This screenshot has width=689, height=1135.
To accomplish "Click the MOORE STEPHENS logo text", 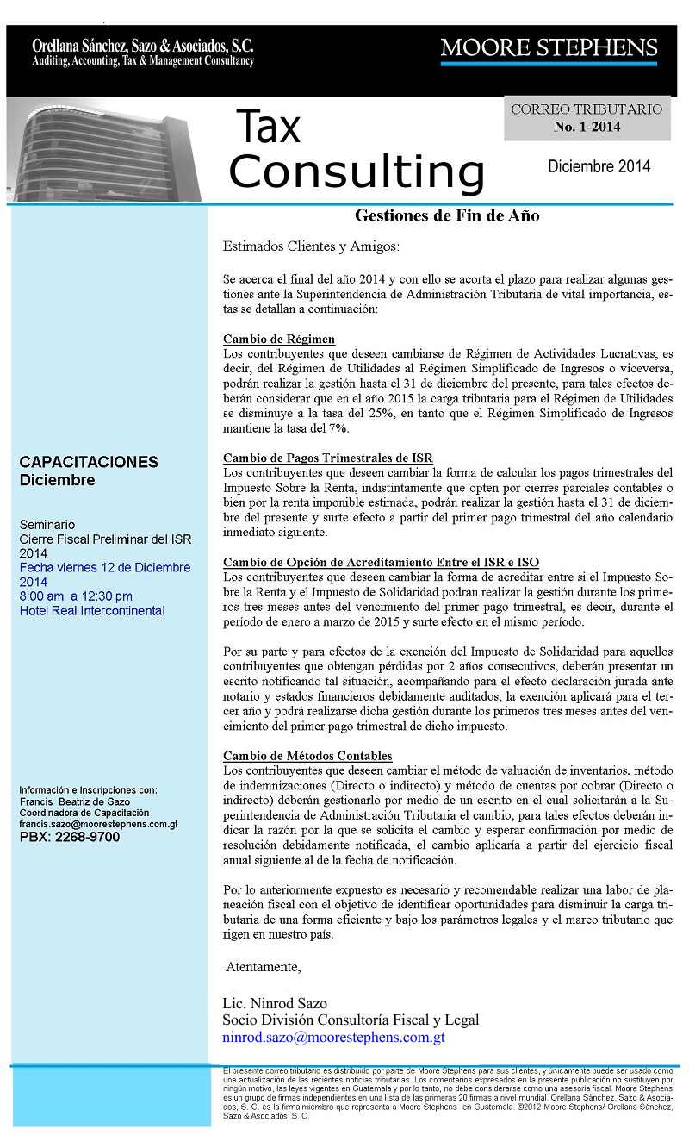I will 549,47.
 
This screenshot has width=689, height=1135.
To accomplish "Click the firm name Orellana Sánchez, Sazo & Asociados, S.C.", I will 143,46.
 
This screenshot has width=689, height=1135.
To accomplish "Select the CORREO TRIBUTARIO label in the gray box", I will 587,109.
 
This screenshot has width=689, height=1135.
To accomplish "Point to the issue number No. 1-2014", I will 587,127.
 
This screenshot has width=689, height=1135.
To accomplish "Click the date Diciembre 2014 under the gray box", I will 599,167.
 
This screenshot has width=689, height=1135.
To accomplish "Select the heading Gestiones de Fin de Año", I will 447,215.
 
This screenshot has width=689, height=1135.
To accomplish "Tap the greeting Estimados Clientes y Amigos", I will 311,246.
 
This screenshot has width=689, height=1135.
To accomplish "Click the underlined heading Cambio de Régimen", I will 279,339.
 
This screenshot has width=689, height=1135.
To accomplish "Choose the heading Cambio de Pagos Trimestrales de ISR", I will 327,458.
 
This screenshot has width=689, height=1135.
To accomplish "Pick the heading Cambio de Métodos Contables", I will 307,756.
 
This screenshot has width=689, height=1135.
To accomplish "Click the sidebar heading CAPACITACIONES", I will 89,462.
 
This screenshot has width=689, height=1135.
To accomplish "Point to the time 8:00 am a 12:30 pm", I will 76,596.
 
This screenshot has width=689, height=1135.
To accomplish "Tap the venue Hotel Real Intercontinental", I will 92,611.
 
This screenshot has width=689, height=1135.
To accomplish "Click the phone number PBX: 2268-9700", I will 70,836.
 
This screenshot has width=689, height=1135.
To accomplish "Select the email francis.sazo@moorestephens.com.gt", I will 98,824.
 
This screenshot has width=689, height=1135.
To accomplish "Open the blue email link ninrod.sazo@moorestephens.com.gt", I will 333,1038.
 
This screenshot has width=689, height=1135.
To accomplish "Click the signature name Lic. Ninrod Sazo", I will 275,1003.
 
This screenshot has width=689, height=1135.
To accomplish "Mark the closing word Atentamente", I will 264,966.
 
